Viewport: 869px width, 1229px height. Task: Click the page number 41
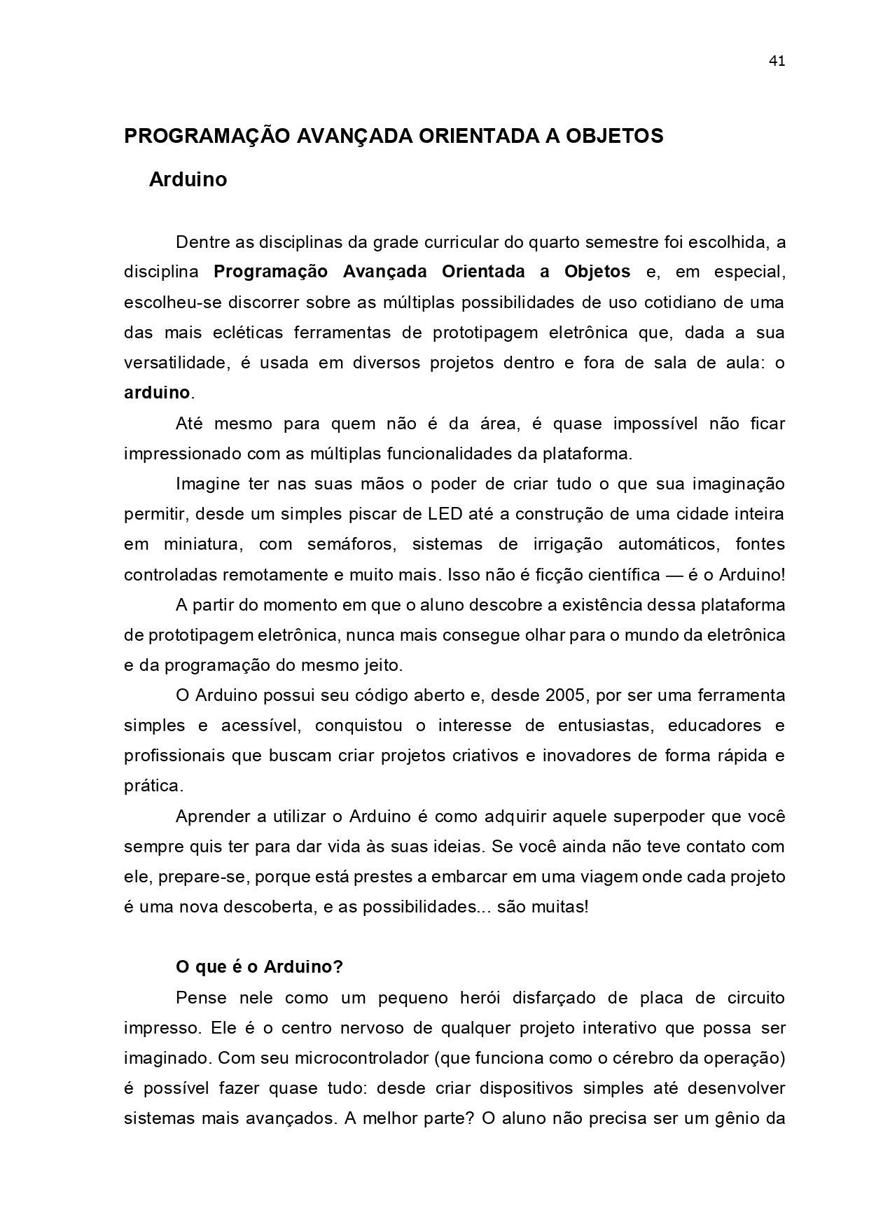point(777,61)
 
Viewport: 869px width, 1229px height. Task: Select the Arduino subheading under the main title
point(188,180)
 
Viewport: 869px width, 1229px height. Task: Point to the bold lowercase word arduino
point(157,393)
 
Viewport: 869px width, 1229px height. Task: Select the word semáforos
point(342,544)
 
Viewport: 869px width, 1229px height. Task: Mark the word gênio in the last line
point(738,1118)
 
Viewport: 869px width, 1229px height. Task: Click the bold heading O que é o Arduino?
point(259,967)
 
